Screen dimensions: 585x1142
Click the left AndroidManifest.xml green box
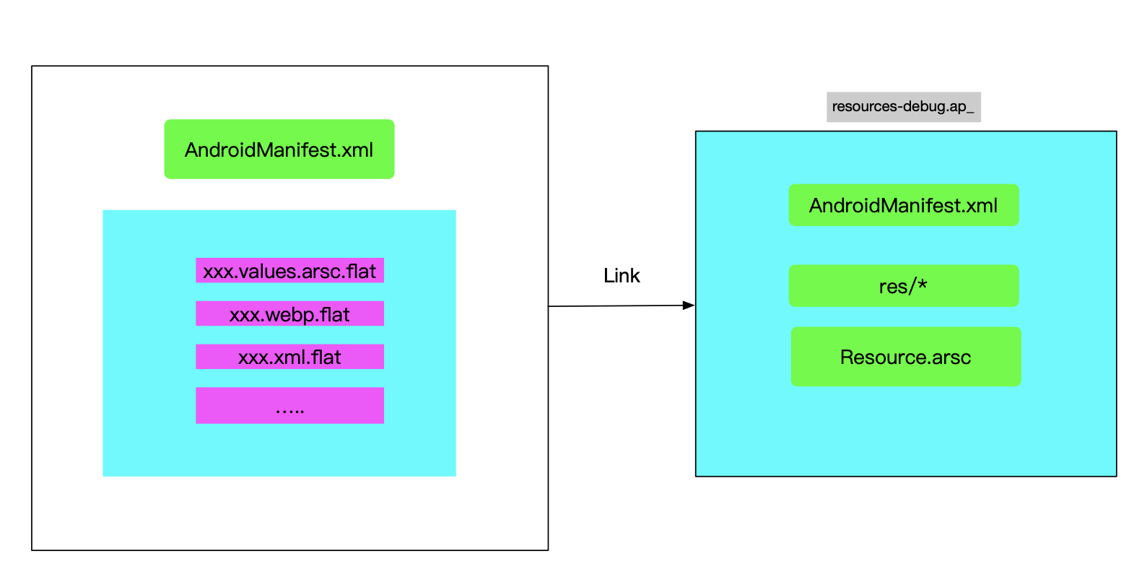pos(279,149)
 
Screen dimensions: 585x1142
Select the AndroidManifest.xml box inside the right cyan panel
pos(903,205)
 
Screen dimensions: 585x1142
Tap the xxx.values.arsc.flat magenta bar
pos(289,271)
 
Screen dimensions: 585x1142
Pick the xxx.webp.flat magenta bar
pos(289,314)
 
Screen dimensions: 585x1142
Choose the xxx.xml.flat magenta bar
pos(289,357)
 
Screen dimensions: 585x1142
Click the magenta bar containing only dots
pos(289,405)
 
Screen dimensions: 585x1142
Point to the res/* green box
pos(903,286)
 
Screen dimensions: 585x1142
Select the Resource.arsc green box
pos(905,357)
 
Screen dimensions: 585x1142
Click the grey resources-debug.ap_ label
pos(903,107)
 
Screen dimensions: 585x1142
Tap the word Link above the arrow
pos(622,276)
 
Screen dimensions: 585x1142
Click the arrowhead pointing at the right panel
pos(689,305)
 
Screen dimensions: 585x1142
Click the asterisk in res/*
pos(922,285)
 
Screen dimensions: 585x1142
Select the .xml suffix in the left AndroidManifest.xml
pos(356,150)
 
